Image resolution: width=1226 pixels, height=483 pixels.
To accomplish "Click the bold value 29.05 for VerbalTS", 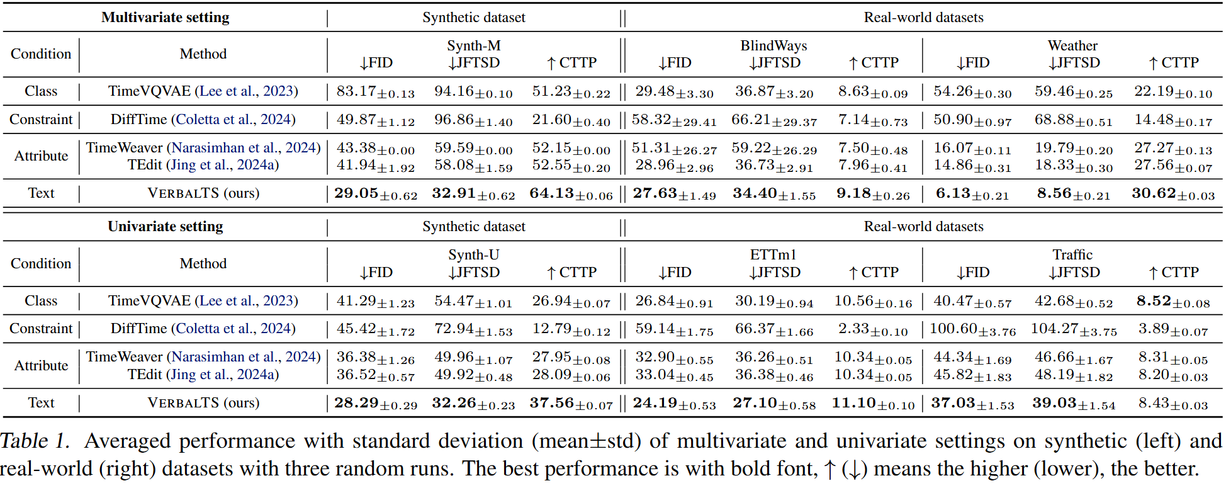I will [x=356, y=193].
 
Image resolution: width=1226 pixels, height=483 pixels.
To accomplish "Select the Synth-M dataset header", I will [x=474, y=46].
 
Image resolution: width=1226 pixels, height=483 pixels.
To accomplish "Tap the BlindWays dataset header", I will [x=773, y=46].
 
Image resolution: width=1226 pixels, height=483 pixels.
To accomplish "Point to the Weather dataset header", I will [x=1072, y=46].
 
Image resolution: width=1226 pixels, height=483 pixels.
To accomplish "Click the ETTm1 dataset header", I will [x=773, y=255].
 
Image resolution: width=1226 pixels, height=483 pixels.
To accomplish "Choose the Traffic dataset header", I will [x=1072, y=255].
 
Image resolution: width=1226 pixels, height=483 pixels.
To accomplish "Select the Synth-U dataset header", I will [x=474, y=255].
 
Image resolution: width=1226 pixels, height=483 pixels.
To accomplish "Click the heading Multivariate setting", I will [x=166, y=18].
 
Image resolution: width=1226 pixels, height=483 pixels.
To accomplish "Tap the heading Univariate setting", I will [x=166, y=227].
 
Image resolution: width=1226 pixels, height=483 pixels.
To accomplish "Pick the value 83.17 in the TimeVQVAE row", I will [x=357, y=91].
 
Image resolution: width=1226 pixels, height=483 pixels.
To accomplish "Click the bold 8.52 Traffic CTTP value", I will [x=1154, y=301].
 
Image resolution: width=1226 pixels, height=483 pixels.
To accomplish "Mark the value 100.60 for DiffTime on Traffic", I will [x=953, y=329].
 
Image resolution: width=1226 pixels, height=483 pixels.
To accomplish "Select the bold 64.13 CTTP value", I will [x=551, y=193].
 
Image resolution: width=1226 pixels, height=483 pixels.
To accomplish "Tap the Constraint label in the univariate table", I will [x=41, y=329].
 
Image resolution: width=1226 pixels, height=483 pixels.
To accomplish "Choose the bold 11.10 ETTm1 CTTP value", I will [x=854, y=403].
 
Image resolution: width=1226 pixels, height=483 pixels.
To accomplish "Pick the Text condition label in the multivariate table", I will [x=41, y=193].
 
